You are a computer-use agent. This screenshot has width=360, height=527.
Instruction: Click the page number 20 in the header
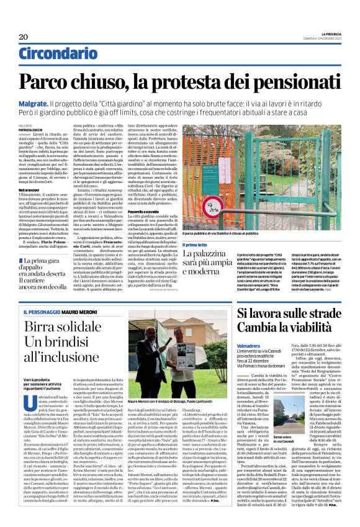click(x=23, y=37)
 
